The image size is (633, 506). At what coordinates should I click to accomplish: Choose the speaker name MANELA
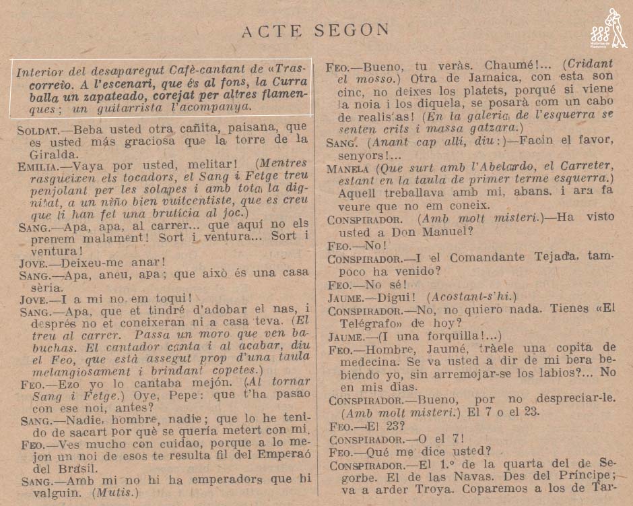point(347,168)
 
